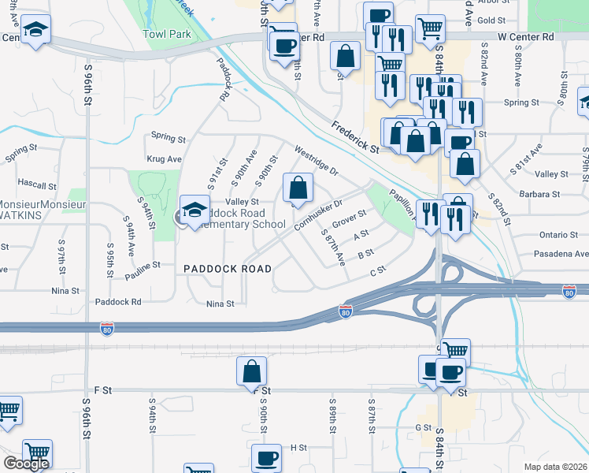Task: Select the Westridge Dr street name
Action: click(316, 159)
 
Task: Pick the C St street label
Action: click(379, 270)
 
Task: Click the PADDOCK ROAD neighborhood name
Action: click(228, 269)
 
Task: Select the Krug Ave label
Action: click(164, 159)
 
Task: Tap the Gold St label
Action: click(490, 20)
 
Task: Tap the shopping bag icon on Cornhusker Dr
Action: click(298, 188)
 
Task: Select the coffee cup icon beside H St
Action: click(266, 458)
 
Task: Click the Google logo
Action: click(26, 464)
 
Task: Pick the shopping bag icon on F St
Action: click(251, 371)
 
